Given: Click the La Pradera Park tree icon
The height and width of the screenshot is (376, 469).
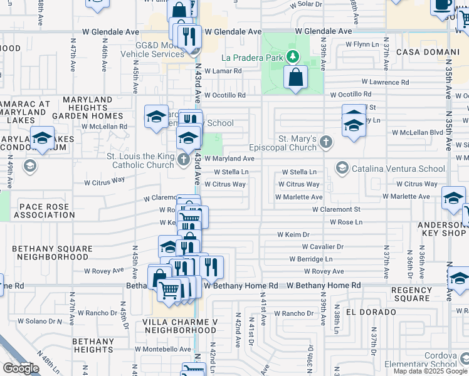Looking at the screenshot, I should pyautogui.click(x=292, y=57).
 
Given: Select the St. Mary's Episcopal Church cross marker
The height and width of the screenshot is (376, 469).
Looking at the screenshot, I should pyautogui.click(x=325, y=142).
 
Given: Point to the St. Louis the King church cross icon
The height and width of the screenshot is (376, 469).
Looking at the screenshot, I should pyautogui.click(x=183, y=159).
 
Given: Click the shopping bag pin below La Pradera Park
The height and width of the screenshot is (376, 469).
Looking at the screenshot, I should pyautogui.click(x=295, y=78).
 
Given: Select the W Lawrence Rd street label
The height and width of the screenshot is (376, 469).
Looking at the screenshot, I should pyautogui.click(x=385, y=82).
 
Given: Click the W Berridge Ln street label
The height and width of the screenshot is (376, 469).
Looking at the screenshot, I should pyautogui.click(x=311, y=259).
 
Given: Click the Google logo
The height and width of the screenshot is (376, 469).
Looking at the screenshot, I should pyautogui.click(x=21, y=368).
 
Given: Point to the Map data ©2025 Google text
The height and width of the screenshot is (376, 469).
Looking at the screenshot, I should pyautogui.click(x=429, y=371).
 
